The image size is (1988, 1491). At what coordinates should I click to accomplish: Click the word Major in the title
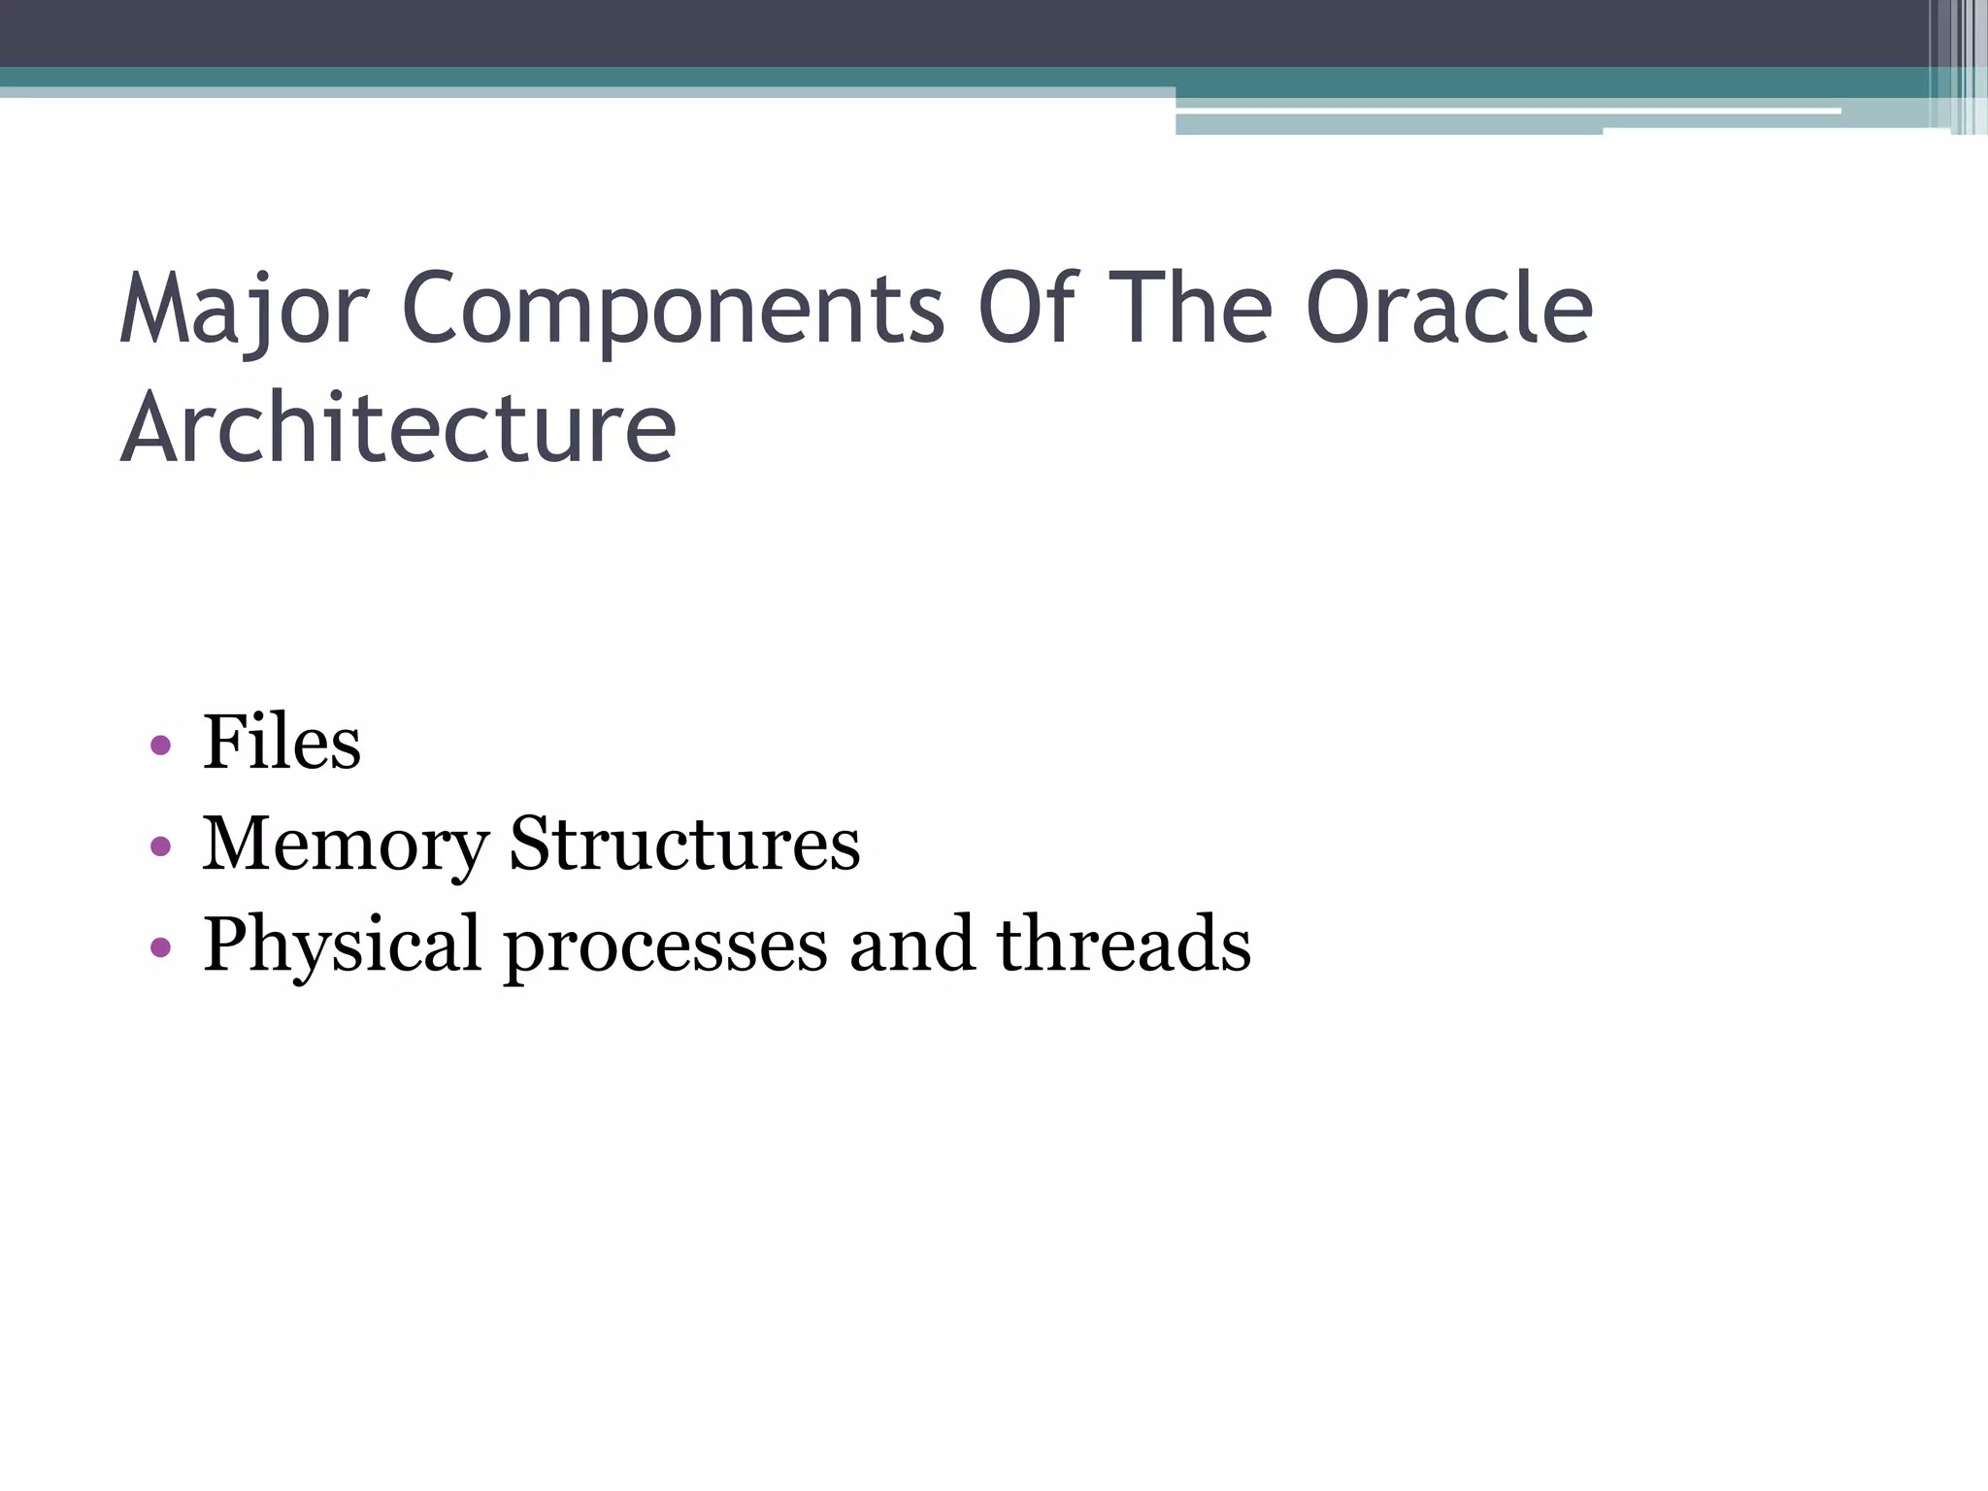coord(244,309)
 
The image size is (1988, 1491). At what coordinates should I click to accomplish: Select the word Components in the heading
coord(672,309)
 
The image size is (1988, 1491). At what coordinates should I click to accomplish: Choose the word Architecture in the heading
coord(398,427)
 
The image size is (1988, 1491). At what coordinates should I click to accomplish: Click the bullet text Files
coord(282,743)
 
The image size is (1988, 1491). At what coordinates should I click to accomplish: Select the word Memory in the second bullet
coord(345,844)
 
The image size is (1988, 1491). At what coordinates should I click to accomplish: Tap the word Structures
coord(684,844)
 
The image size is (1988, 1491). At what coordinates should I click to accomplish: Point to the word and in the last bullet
coord(911,944)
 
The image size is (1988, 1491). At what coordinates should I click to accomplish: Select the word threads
coord(1124,944)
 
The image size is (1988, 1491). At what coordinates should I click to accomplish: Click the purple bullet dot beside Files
coord(161,746)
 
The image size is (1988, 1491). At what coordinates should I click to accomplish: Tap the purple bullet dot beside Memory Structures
coord(161,846)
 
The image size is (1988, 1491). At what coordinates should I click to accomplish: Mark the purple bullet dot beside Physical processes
coord(161,946)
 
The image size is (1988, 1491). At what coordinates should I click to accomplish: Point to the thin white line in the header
coord(1505,112)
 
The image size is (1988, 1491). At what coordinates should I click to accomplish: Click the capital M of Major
coord(153,309)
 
